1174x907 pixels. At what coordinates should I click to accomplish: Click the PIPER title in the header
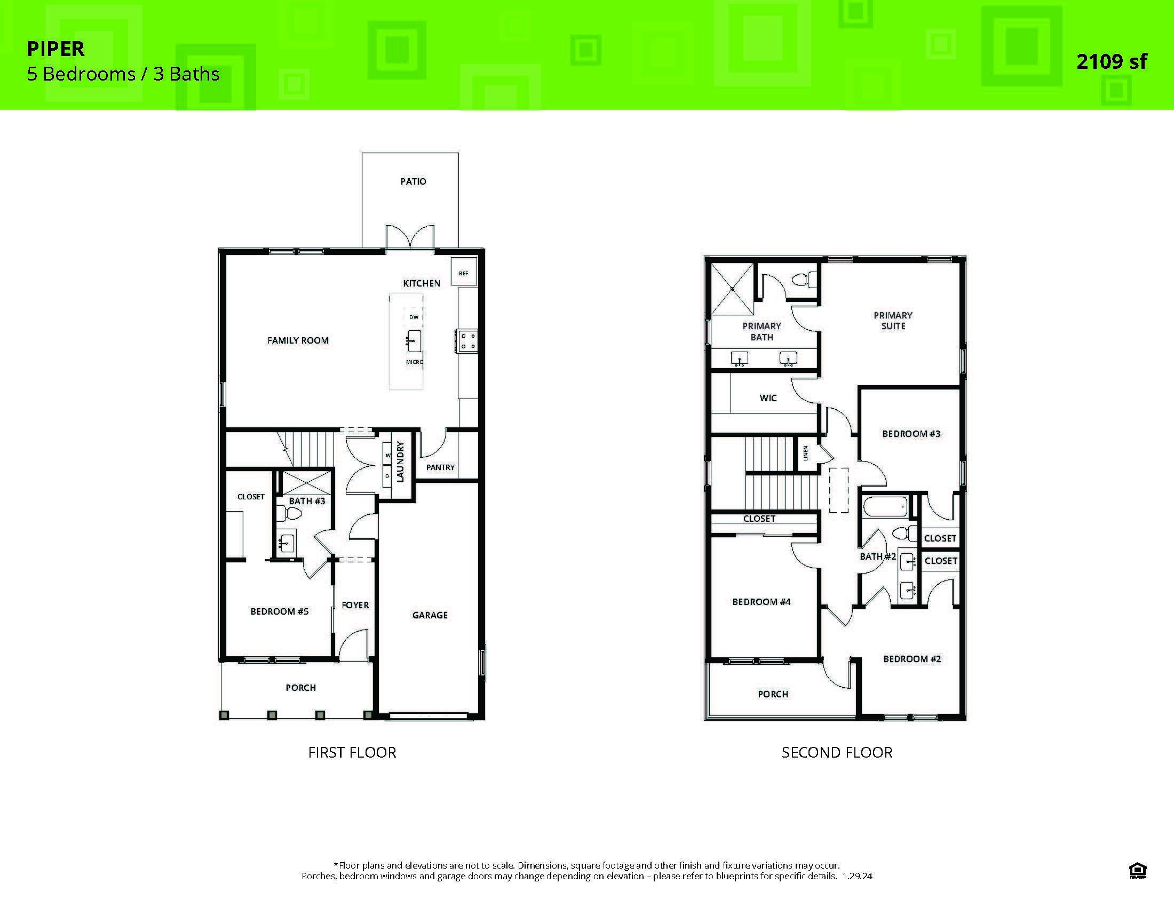(56, 49)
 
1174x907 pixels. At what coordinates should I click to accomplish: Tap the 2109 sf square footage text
(1111, 62)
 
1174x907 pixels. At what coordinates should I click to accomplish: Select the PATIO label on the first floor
(413, 181)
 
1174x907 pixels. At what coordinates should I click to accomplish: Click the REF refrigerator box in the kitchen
(463, 273)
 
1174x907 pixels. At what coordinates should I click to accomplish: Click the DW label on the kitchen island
(414, 317)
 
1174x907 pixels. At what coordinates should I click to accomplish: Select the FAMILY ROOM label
(298, 340)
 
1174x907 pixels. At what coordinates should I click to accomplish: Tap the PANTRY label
(440, 467)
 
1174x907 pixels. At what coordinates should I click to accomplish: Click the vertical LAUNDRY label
(399, 462)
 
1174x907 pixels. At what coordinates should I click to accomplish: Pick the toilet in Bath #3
(291, 514)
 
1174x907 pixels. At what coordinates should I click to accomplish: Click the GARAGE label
(430, 615)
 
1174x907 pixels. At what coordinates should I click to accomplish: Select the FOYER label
(355, 605)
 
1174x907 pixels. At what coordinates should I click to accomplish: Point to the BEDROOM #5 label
(279, 611)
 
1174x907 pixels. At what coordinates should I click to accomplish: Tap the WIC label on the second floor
(767, 397)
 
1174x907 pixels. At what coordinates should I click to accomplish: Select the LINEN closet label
(805, 453)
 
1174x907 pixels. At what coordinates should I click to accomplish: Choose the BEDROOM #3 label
(910, 434)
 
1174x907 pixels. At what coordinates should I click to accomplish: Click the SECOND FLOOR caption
(836, 752)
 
